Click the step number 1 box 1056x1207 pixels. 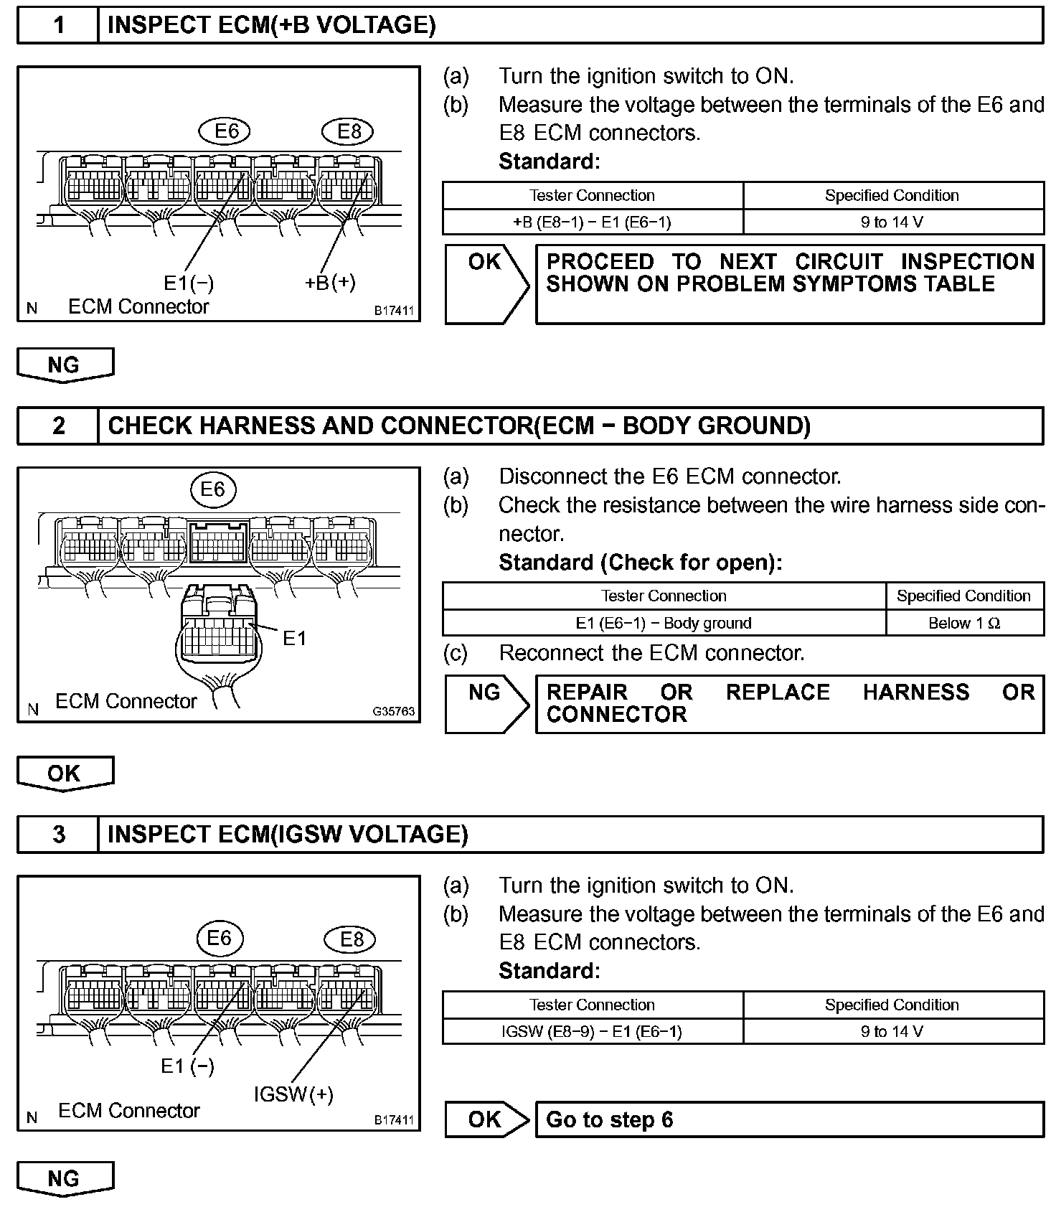58,26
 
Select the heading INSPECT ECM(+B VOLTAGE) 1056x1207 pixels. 271,26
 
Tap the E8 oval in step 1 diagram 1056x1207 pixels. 349,131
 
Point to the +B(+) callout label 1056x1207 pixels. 330,282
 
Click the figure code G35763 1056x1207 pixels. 393,711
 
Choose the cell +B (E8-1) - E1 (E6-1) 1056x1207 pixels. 593,222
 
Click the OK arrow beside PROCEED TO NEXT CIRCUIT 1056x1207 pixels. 486,283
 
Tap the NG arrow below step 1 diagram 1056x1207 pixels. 65,365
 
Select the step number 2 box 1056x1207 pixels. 58,426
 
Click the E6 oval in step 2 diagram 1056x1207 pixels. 212,489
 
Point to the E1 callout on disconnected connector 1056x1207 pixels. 294,638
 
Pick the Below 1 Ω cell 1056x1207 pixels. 964,623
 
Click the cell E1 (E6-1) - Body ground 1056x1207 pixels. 664,623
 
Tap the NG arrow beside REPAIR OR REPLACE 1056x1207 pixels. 486,703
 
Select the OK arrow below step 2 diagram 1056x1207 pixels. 65,773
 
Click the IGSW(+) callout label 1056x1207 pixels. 293,1094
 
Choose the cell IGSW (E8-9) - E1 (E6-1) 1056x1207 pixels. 593,1032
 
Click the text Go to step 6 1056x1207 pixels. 610,1119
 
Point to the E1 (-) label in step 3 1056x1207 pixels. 187,1066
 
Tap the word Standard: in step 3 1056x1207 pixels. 549,971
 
